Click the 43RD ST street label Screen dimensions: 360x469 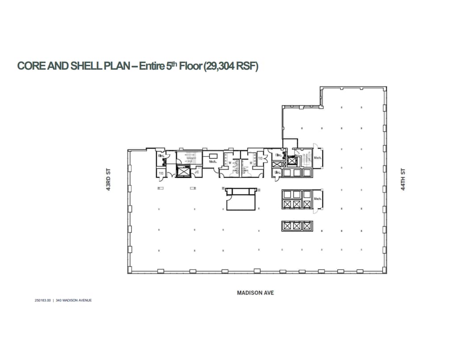pyautogui.click(x=108, y=180)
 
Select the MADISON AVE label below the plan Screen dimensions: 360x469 pyautogui.click(x=255, y=293)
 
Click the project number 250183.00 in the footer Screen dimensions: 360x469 pyautogui.click(x=43, y=301)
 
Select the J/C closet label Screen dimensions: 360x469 pyautogui.click(x=197, y=172)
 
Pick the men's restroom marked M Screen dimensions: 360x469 pyautogui.click(x=251, y=163)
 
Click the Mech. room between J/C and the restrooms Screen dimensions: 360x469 pyautogui.click(x=213, y=162)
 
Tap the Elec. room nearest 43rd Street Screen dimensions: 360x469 pyautogui.click(x=160, y=156)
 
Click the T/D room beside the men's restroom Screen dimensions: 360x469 pyautogui.click(x=260, y=158)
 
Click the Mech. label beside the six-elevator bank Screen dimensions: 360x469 pyautogui.click(x=318, y=199)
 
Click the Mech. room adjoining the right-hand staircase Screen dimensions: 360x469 pyautogui.click(x=318, y=158)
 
